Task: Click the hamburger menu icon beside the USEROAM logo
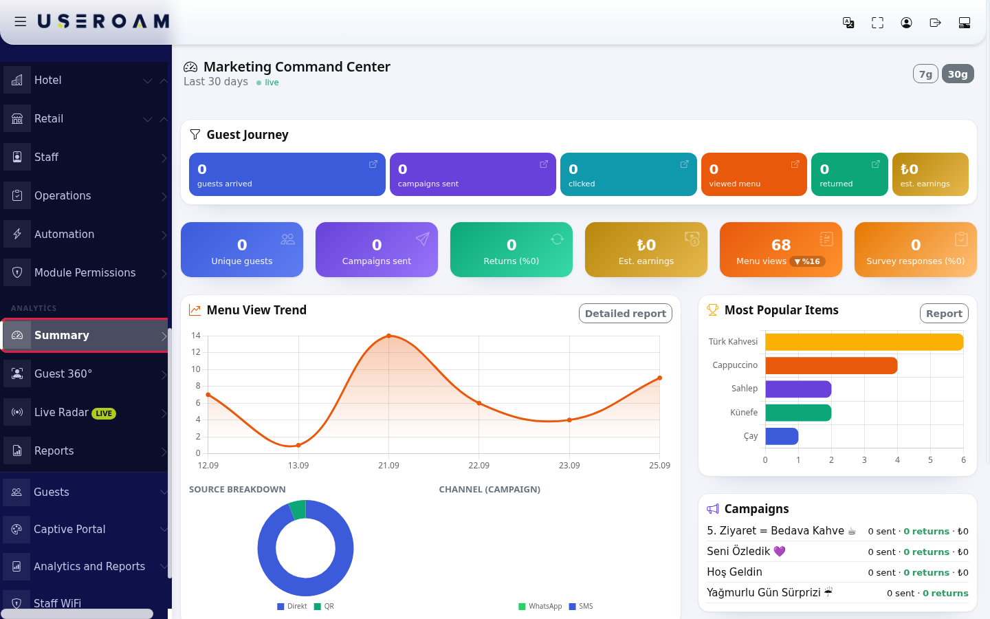tap(21, 21)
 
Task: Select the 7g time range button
tap(925, 74)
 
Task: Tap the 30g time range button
tap(958, 74)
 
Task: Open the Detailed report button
tap(626, 314)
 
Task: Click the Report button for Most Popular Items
tap(944, 314)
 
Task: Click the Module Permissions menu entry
tap(84, 273)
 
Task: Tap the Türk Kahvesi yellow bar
tap(864, 342)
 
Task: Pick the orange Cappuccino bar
tap(831, 366)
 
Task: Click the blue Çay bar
tap(782, 436)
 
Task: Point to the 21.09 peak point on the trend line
tap(389, 336)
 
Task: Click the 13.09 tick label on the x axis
tap(298, 466)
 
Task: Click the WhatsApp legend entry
tap(540, 606)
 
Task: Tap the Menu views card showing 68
tap(780, 250)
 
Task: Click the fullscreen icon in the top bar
tap(877, 23)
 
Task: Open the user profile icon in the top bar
tap(906, 23)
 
